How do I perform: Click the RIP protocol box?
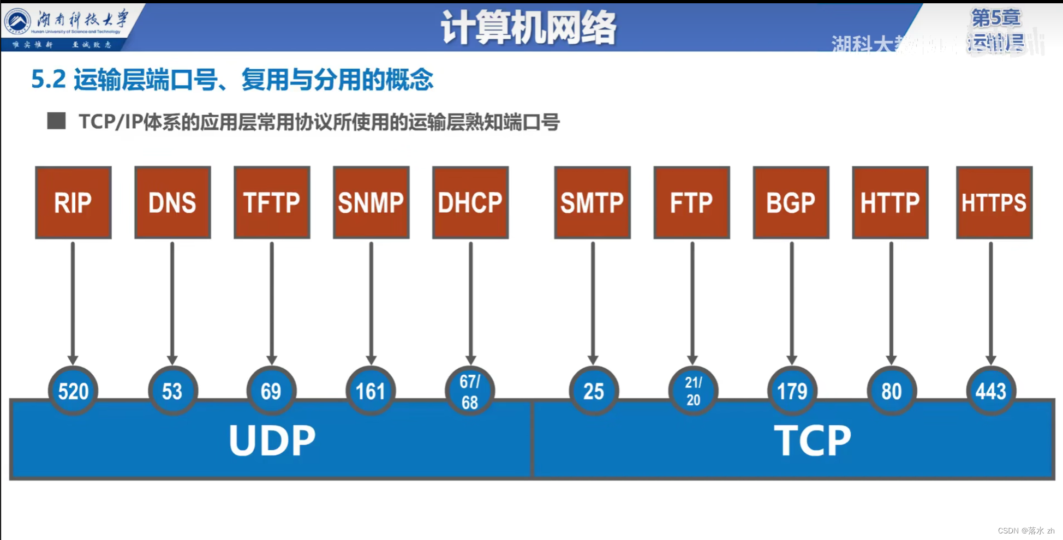[x=73, y=202]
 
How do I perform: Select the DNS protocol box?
[x=172, y=202]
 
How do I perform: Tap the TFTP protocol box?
[x=272, y=202]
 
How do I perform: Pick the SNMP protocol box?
[x=371, y=202]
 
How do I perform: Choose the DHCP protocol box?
[x=470, y=202]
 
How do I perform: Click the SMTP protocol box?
[x=592, y=202]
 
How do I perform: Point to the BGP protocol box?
[x=791, y=202]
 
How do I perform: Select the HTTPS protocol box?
[x=994, y=202]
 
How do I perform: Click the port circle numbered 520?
[x=73, y=391]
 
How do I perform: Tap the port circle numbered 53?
[x=172, y=391]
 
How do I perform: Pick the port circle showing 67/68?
[x=470, y=391]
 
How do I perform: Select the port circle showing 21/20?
[x=693, y=391]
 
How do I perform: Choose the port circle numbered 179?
[x=792, y=391]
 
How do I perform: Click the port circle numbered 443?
[x=991, y=391]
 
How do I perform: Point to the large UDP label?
[x=272, y=440]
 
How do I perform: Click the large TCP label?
[x=812, y=440]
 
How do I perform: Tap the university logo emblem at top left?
[x=18, y=22]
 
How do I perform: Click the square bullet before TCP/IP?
[x=56, y=121]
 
